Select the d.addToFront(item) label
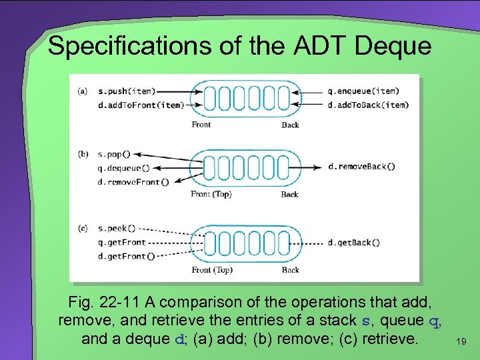140,105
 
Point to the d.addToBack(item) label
369,105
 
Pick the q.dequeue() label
124,168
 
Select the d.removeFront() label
133,181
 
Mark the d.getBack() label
355,243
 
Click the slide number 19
460,342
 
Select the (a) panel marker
83,91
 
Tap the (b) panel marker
83,154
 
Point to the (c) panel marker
83,229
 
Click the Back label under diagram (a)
290,125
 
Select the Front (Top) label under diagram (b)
211,194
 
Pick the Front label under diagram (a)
201,125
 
